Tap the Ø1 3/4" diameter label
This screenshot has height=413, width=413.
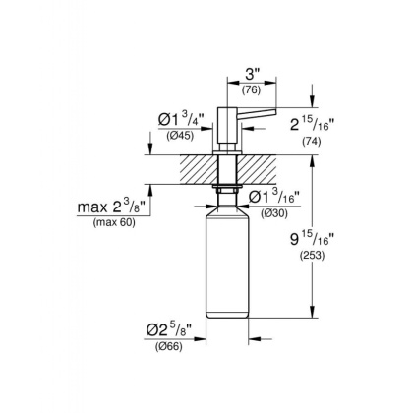pyautogui.click(x=181, y=120)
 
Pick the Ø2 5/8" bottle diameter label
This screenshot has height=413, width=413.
pyautogui.click(x=180, y=329)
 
